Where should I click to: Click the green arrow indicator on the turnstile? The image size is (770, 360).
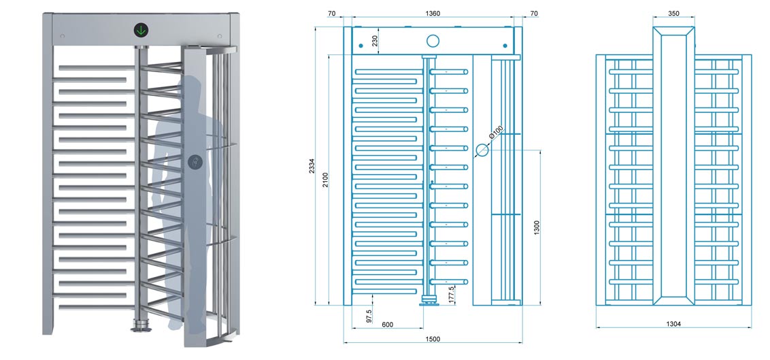pos(141,31)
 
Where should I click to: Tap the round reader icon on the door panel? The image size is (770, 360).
pos(195,161)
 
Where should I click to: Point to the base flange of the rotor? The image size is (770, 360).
pos(140,325)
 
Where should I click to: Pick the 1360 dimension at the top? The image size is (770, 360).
pos(433,14)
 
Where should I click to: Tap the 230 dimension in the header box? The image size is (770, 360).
pos(375,41)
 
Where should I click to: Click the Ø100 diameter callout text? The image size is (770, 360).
pos(497,132)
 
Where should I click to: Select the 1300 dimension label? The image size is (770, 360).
pos(537,228)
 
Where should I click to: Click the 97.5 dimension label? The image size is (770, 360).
pos(369,316)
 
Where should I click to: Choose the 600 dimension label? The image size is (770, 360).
pos(388,325)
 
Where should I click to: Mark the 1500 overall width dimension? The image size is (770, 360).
pos(433,338)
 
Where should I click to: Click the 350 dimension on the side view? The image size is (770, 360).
pos(673,14)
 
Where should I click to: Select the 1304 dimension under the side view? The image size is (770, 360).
pos(673,324)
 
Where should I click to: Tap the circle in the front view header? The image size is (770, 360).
pos(433,41)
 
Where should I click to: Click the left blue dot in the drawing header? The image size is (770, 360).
pos(361,46)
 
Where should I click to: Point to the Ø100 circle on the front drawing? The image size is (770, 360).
pos(482,150)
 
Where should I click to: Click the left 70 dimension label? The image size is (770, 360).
pos(331,14)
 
